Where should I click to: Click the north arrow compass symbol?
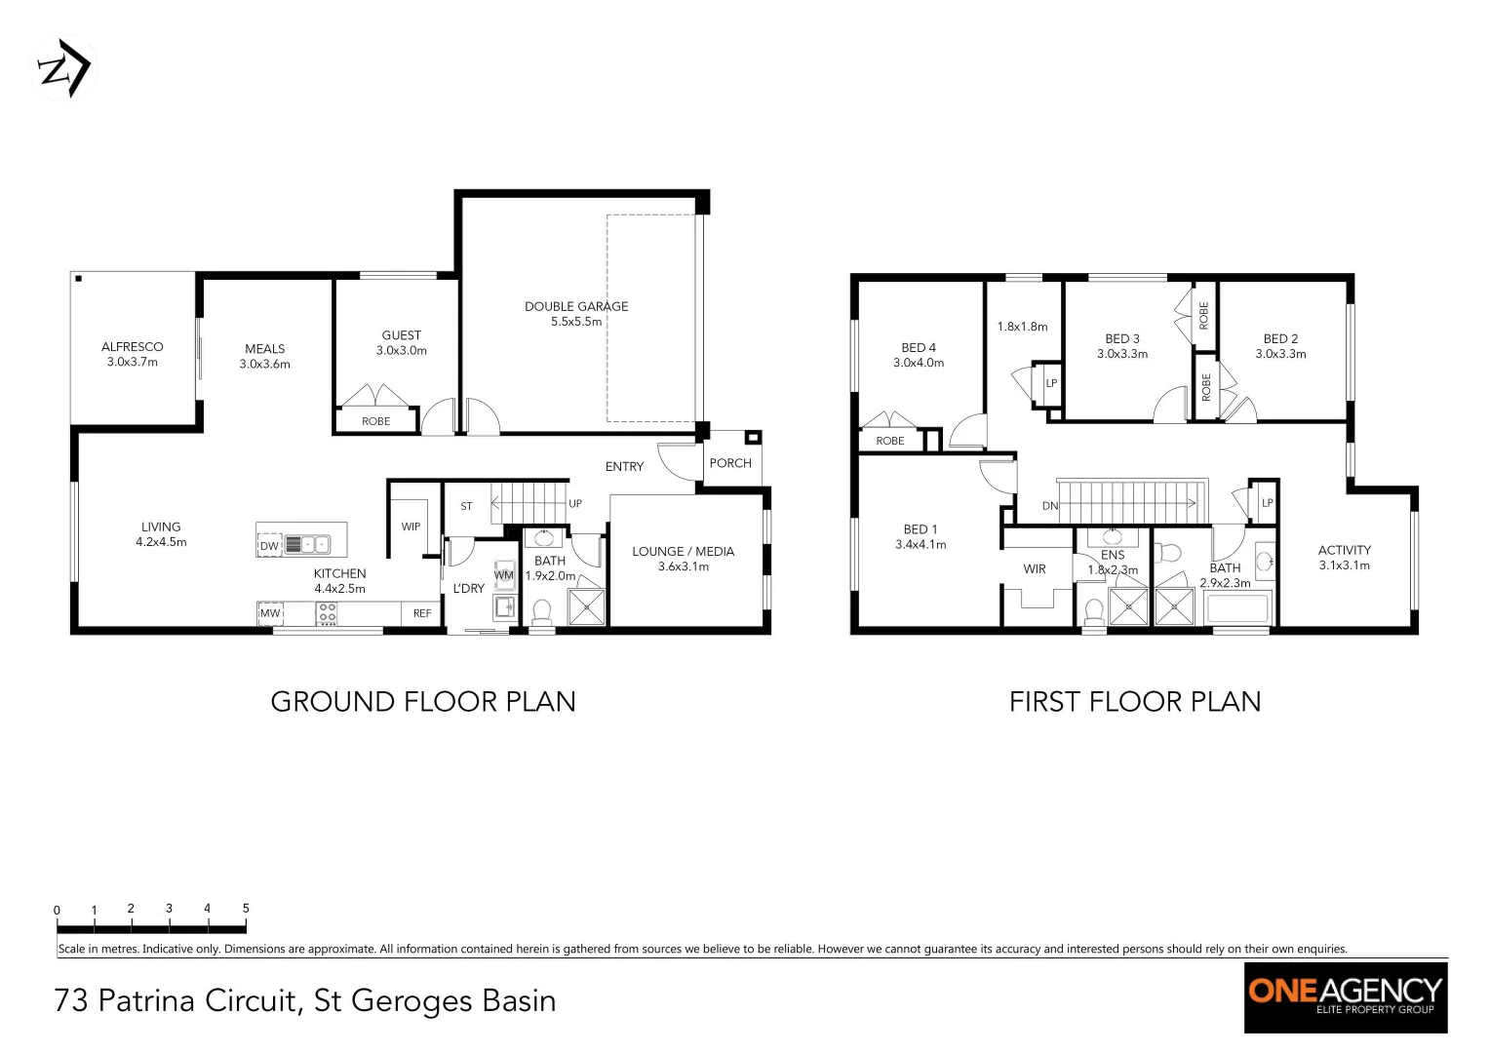click(65, 68)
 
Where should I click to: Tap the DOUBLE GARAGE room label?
click(576, 306)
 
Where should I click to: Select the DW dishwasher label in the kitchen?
click(269, 546)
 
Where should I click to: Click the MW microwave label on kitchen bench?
click(270, 613)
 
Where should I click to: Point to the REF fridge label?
click(422, 613)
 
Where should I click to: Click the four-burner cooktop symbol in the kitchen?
click(327, 613)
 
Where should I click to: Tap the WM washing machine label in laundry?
click(503, 575)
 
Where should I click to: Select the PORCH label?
click(730, 463)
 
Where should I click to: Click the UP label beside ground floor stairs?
click(575, 504)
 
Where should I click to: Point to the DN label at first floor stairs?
click(1050, 506)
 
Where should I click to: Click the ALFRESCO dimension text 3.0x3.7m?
click(133, 362)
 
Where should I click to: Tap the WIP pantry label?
click(411, 526)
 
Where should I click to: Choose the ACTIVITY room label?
click(1344, 550)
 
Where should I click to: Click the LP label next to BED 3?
click(1051, 383)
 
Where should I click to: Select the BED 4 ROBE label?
click(890, 441)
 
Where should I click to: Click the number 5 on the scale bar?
click(246, 908)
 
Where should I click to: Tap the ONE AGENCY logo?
click(1345, 997)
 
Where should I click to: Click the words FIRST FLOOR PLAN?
click(1135, 702)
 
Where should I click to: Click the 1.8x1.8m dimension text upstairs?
click(1022, 327)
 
